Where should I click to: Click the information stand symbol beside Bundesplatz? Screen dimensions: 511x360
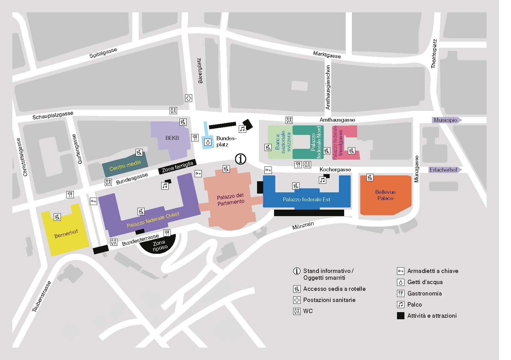click(240, 159)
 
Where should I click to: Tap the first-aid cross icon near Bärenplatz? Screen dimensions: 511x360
click(188, 98)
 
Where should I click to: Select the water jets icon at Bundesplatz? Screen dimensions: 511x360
click(208, 142)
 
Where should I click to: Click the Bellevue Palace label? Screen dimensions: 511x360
click(385, 195)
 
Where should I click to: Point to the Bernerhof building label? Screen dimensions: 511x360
click(66, 234)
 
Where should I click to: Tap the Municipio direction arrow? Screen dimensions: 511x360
click(447, 120)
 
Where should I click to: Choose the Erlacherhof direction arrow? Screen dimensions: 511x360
click(445, 170)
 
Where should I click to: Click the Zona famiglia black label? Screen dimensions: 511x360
click(177, 167)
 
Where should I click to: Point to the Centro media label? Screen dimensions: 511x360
click(125, 165)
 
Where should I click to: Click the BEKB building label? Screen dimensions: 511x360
click(172, 138)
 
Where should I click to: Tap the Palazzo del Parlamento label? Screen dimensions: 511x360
click(231, 199)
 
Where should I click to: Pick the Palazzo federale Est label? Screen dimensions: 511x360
click(306, 199)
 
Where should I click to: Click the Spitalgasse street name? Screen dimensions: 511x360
click(103, 53)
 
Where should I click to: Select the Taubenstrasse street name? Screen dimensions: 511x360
click(41, 296)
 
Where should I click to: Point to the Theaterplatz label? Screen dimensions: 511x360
click(434, 54)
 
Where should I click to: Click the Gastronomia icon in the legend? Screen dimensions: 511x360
click(401, 293)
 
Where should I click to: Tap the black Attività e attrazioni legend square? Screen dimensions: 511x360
click(401, 316)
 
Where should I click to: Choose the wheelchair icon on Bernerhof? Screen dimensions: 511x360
click(57, 217)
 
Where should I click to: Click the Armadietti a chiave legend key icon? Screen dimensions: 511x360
click(401, 271)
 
